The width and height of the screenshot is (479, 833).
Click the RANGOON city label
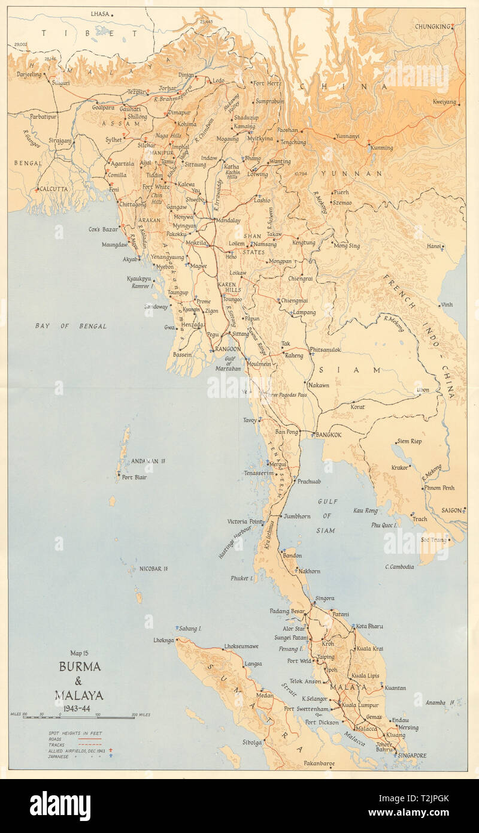click(x=228, y=349)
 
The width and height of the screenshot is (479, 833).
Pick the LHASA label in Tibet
click(x=100, y=13)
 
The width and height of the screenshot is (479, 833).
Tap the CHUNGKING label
click(x=432, y=26)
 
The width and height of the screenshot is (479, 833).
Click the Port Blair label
click(x=135, y=478)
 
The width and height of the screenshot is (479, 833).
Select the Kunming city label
click(x=381, y=147)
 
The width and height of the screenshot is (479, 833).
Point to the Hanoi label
click(x=433, y=246)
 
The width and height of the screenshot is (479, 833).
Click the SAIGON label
click(x=451, y=511)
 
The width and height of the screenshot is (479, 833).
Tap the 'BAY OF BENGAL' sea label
click(x=71, y=326)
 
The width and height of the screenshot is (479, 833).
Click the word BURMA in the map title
click(x=79, y=667)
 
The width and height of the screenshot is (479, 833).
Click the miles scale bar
click(x=78, y=717)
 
